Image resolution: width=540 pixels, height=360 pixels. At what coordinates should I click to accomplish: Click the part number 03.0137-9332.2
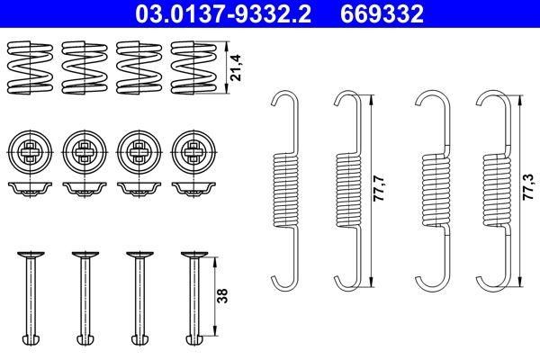222,13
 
